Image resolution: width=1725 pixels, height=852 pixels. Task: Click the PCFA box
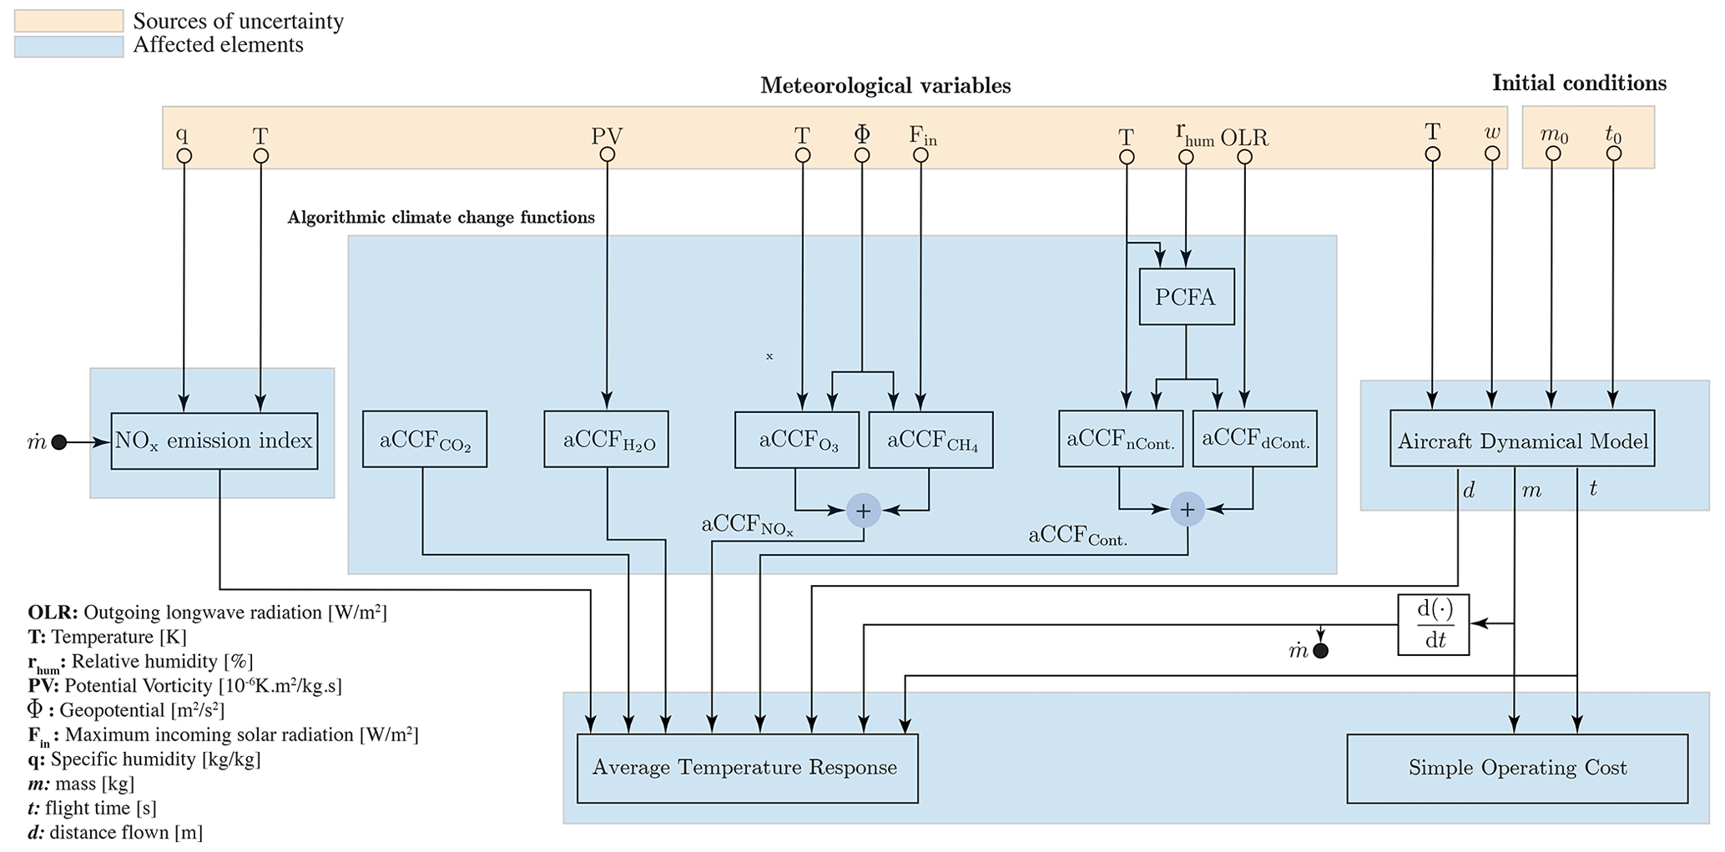tap(1186, 296)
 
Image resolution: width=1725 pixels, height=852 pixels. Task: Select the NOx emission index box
tap(214, 441)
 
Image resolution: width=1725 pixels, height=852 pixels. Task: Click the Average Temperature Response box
tap(747, 768)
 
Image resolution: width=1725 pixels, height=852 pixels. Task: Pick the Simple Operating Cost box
tap(1516, 768)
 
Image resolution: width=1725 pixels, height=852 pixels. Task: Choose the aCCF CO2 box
tap(425, 439)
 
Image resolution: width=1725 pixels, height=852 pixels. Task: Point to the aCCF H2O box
tap(606, 439)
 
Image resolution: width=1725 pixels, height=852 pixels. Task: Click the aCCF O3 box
tap(796, 440)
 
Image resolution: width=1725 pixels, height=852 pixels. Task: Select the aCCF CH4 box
tap(931, 440)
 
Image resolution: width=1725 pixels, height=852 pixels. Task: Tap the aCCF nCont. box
tap(1120, 439)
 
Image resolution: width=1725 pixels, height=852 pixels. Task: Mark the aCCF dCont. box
tap(1254, 439)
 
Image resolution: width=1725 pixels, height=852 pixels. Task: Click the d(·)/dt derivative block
tap(1433, 624)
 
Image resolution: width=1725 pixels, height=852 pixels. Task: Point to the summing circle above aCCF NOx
tap(863, 510)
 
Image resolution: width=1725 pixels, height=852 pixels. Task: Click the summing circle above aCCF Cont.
tap(1187, 509)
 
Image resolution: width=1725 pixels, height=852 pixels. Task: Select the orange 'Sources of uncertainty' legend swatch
tap(68, 21)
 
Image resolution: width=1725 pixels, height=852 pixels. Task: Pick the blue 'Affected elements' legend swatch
tap(68, 46)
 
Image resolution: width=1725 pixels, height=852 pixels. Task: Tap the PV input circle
tap(608, 155)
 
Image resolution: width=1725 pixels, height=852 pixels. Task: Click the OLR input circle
tap(1244, 156)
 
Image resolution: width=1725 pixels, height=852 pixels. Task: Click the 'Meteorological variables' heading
tap(885, 86)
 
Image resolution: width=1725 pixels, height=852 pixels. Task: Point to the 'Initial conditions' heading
tap(1579, 83)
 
